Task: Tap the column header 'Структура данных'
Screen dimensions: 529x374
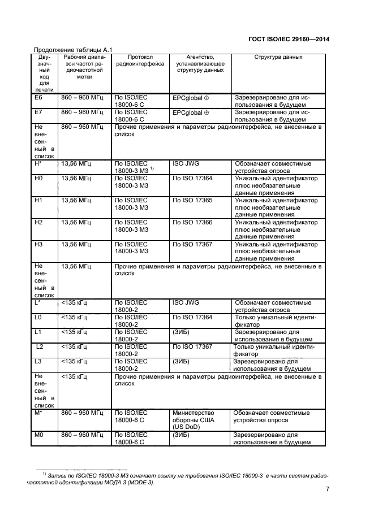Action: click(x=278, y=57)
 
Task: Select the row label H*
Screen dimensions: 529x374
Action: click(x=39, y=163)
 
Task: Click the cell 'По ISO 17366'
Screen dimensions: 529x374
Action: click(x=192, y=222)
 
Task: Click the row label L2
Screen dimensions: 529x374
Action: click(x=40, y=346)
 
